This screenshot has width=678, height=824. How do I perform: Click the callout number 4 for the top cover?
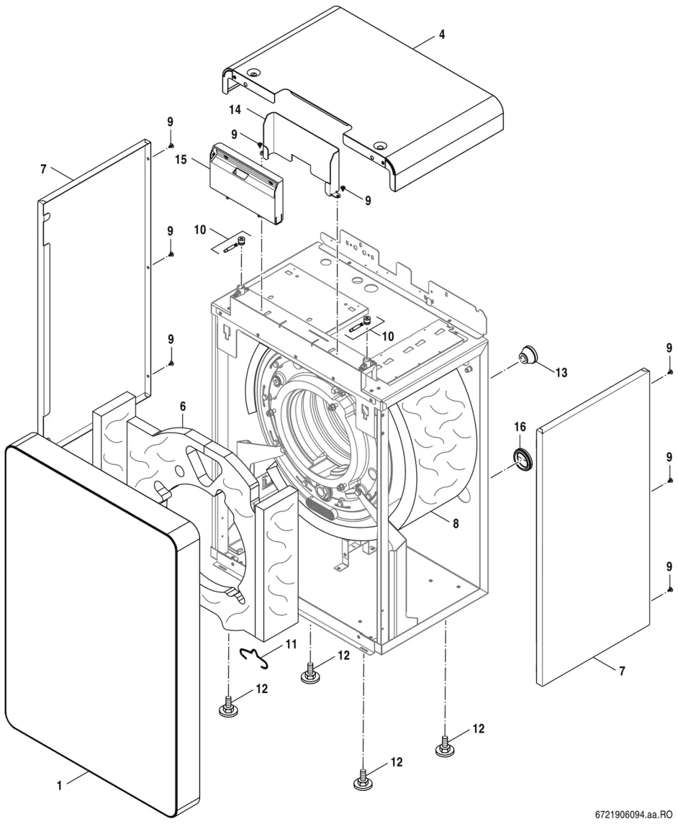(x=441, y=35)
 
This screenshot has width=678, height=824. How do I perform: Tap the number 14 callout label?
(x=235, y=110)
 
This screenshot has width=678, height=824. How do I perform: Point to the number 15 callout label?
(x=181, y=159)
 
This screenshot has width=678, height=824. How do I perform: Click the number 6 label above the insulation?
(x=183, y=407)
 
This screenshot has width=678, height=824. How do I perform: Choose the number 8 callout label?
(x=456, y=524)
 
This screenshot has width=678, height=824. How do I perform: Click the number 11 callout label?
(x=292, y=644)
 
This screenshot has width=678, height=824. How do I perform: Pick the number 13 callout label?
(x=561, y=373)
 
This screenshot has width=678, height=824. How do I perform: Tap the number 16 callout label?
(x=520, y=427)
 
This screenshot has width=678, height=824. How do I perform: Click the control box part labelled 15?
(x=247, y=183)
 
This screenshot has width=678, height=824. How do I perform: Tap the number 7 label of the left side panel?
(x=43, y=169)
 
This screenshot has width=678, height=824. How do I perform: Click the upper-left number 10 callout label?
(x=200, y=230)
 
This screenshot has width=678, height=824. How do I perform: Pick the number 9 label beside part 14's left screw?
(x=234, y=134)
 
